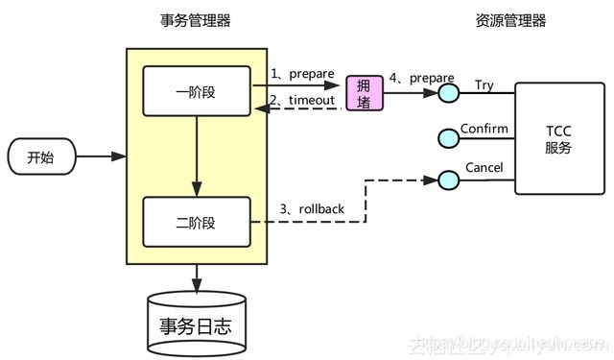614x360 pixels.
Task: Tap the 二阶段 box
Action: point(196,223)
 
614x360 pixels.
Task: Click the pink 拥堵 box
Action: point(363,92)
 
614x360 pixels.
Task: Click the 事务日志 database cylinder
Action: point(196,321)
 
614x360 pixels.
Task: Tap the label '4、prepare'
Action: point(421,77)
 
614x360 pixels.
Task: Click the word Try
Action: point(484,85)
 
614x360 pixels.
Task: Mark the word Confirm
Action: point(484,129)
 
